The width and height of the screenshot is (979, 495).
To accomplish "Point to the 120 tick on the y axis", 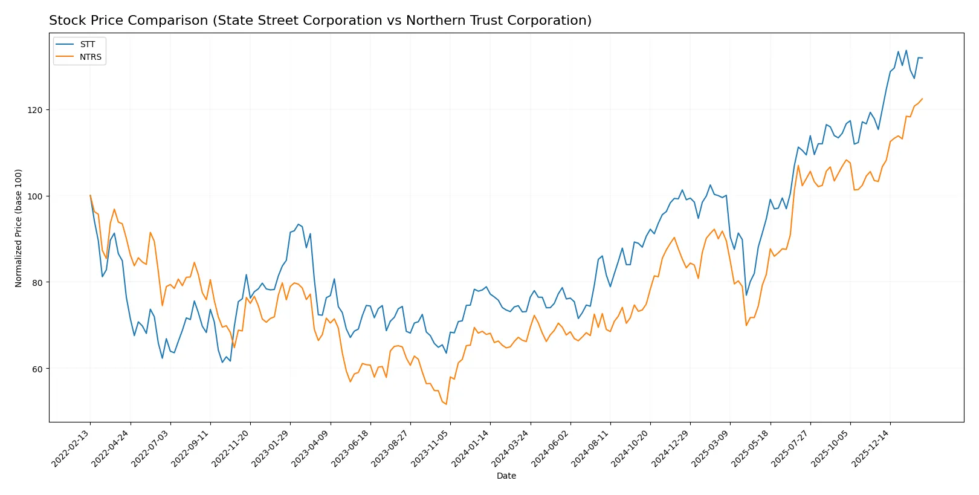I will click(x=35, y=110).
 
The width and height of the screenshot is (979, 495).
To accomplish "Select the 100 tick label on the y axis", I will click(x=35, y=196).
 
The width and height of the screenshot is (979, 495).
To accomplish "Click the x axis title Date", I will click(x=506, y=476).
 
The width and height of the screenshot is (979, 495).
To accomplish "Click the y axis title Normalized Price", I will click(x=19, y=228).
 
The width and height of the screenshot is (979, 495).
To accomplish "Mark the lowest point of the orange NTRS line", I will click(x=447, y=404).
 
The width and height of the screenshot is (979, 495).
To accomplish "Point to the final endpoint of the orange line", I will click(x=922, y=99).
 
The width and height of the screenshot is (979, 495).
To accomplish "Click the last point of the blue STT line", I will click(x=922, y=58).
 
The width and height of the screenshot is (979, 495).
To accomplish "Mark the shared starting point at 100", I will click(x=90, y=196).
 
